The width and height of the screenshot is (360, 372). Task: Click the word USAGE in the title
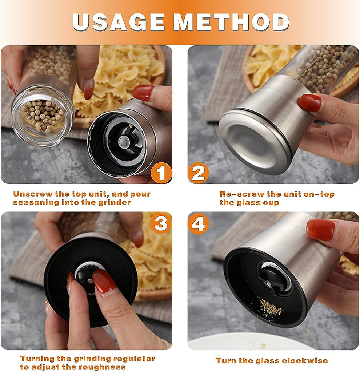118,22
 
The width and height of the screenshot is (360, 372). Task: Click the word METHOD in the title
231,22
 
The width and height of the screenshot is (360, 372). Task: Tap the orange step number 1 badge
161,173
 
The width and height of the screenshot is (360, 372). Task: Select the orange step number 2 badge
198,173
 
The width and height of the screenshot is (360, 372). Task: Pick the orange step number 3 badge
161,223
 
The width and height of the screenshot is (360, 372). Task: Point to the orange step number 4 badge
198,223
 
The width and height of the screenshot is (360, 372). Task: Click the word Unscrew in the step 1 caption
33,194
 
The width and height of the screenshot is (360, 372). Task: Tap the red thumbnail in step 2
309,103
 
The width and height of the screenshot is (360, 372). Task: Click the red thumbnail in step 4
321,230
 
